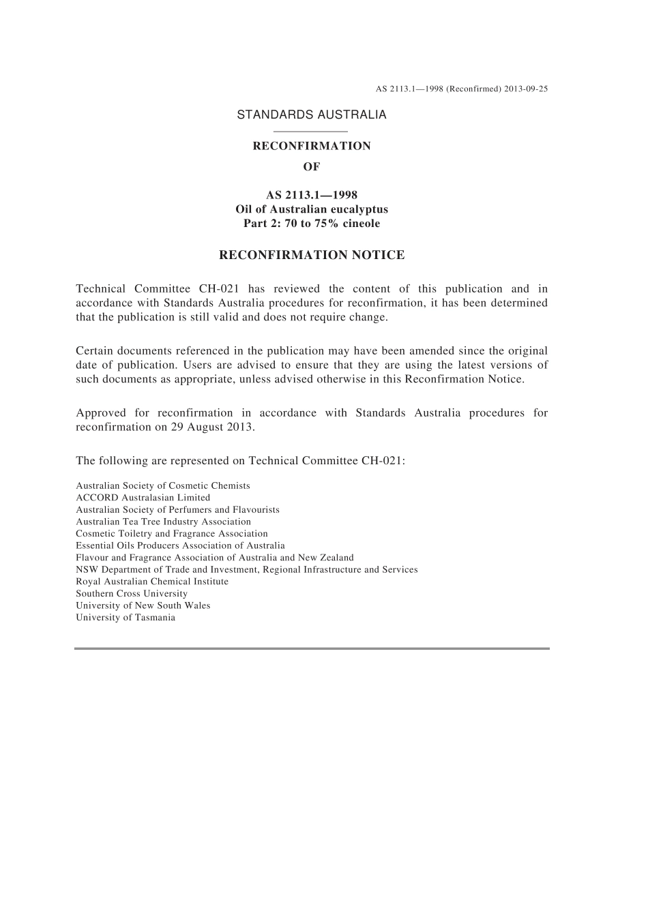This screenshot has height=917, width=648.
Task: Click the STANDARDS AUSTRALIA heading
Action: pos(311,115)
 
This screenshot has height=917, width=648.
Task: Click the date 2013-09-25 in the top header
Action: pos(526,89)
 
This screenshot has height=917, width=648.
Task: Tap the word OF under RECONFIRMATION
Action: pos(311,166)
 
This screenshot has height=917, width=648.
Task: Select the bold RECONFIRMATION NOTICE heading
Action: pos(311,256)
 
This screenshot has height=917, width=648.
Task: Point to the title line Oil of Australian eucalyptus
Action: pos(311,209)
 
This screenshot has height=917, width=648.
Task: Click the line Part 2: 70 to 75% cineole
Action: pos(311,224)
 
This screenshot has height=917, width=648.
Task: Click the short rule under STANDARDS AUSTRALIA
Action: pos(310,131)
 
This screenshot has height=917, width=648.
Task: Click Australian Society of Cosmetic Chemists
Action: pos(163,485)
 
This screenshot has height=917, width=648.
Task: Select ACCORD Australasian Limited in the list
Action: pos(143,498)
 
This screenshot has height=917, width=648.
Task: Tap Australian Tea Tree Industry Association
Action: pos(163,522)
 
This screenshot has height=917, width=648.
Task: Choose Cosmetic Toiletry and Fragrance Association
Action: pos(172,534)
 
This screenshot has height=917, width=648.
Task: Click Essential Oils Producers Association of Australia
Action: pos(180,545)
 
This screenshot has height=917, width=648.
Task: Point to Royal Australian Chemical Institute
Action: pos(152,582)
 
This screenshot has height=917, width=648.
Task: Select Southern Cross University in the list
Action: pos(132,593)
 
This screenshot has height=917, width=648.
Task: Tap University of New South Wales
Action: pos(143,605)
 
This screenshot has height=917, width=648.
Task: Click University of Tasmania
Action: pos(126,618)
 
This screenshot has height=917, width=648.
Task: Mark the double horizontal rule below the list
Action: pos(312,648)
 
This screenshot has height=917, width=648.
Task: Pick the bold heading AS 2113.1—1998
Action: pos(311,195)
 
